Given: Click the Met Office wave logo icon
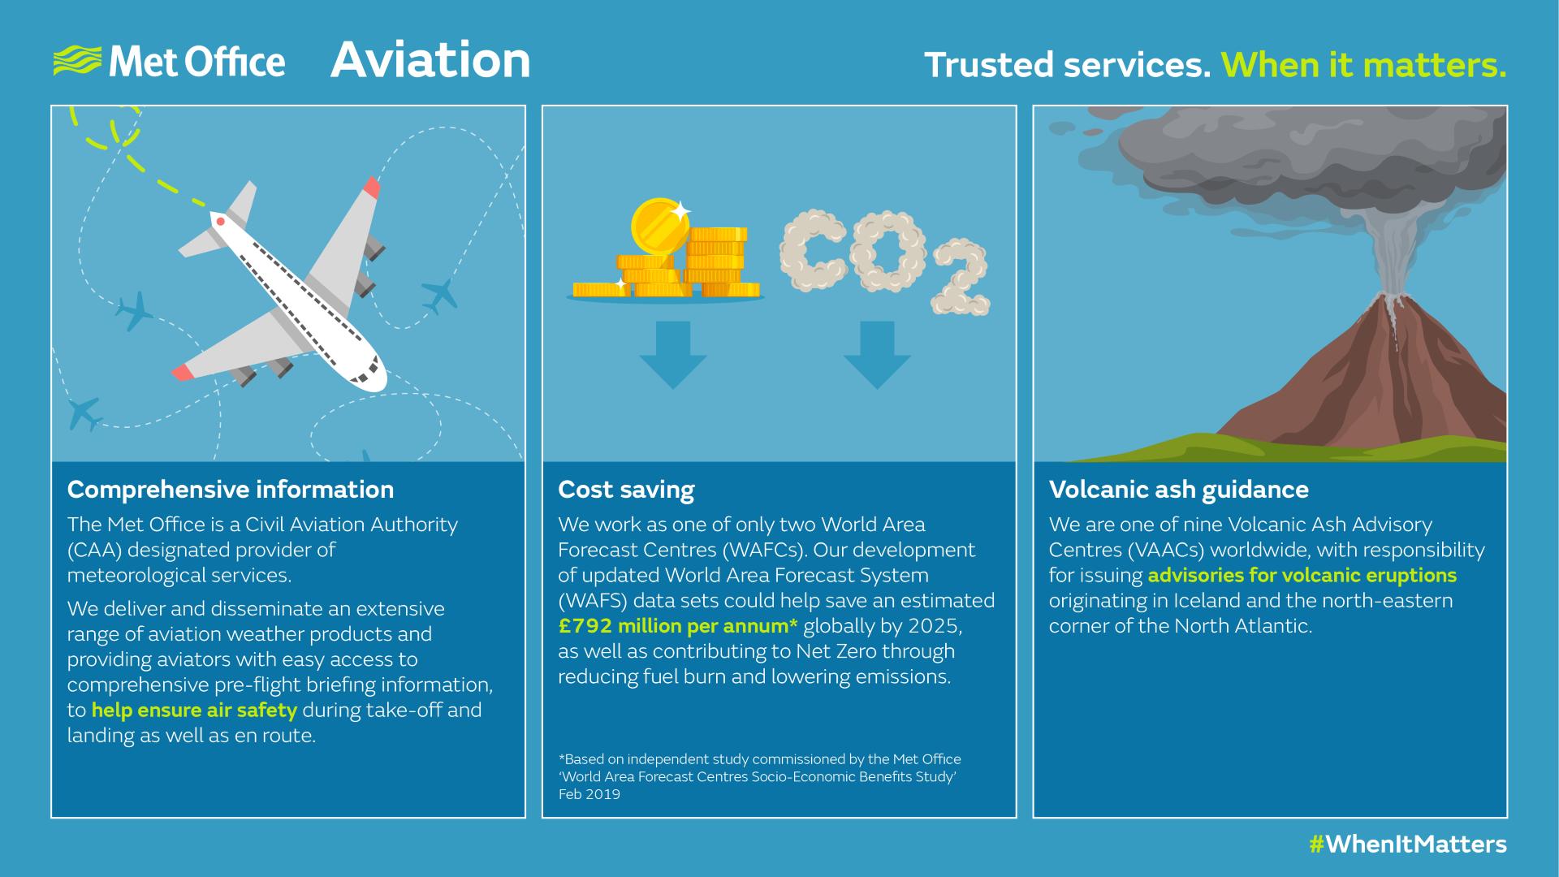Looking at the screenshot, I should [77, 61].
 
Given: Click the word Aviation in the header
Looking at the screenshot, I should [430, 60].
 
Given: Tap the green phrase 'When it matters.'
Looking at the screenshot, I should [1363, 65].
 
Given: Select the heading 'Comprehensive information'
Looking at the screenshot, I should [231, 490].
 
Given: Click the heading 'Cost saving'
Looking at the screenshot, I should [626, 490].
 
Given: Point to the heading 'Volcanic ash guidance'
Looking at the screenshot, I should [1178, 490].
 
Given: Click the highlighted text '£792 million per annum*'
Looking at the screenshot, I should [678, 626].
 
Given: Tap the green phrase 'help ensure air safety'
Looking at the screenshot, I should [194, 711].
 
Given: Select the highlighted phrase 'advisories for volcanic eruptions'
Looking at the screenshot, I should [1302, 576].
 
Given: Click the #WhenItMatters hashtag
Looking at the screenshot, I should [1407, 845].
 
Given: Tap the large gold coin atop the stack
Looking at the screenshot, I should [659, 225].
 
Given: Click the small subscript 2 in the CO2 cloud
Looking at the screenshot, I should [961, 278].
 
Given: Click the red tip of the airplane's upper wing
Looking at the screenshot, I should [371, 188].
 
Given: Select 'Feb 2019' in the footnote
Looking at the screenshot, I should [589, 794].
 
